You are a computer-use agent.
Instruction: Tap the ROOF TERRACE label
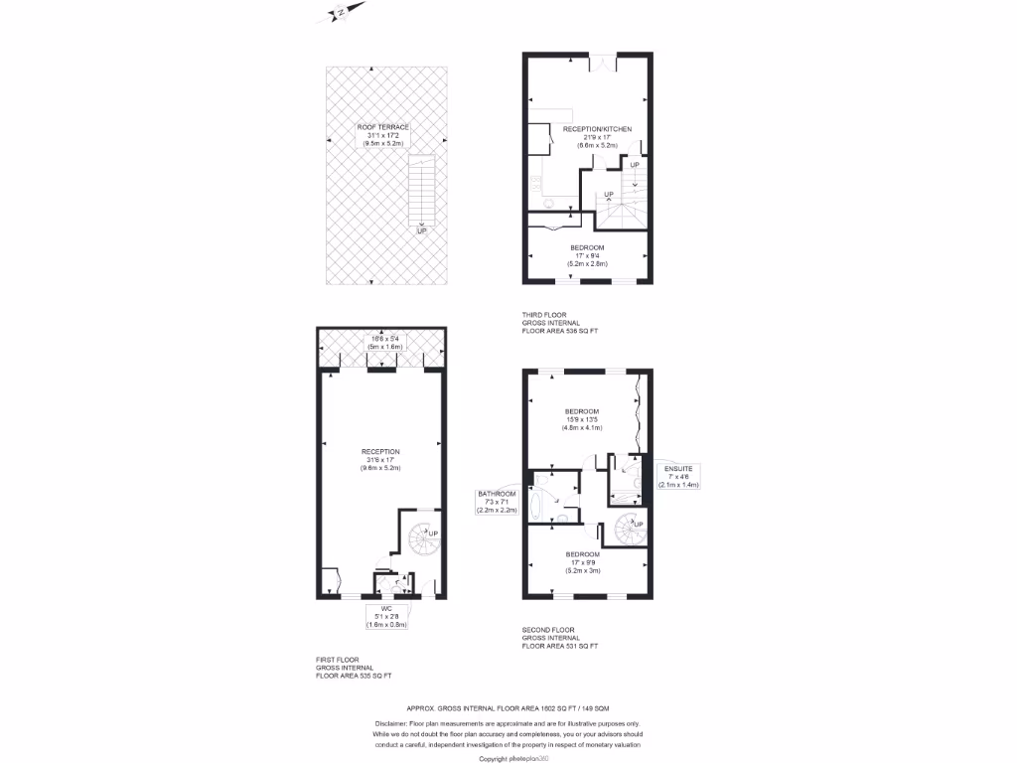coord(383,127)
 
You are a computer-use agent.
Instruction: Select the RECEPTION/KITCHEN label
coord(597,129)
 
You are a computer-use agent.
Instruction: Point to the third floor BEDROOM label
coord(587,247)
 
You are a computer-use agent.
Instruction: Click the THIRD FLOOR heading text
coord(544,316)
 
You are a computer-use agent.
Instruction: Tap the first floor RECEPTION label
coord(380,451)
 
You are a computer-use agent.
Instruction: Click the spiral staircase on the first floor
coord(421,541)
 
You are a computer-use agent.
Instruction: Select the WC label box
coord(386,616)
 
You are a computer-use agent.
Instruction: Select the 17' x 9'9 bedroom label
coord(583,554)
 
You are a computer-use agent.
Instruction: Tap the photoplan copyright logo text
coord(508,758)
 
